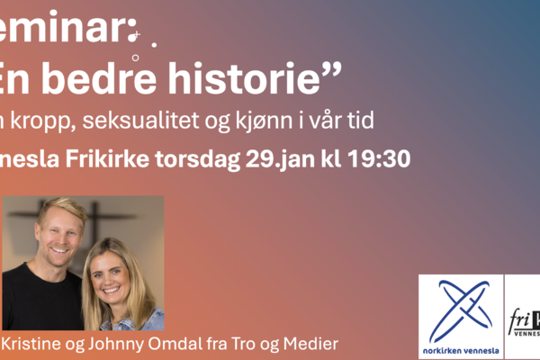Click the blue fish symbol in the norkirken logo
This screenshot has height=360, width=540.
(x=461, y=307)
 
